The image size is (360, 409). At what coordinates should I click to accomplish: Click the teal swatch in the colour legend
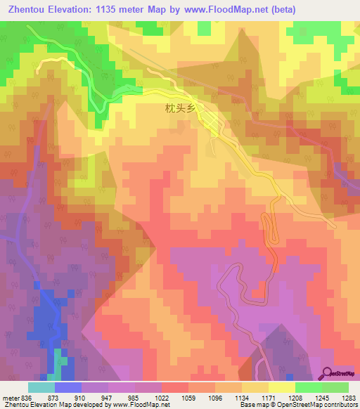pos(41,387)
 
